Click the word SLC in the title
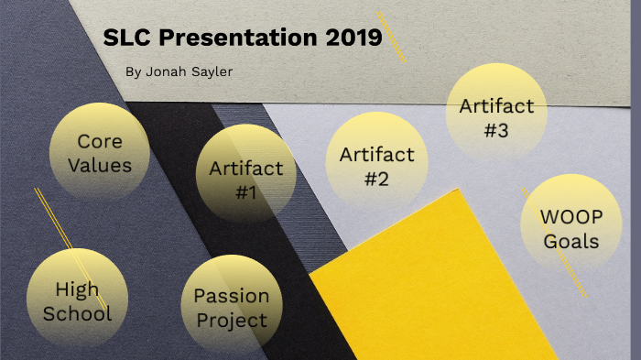coord(125,38)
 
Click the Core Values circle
coord(99,153)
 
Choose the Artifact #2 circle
coord(376,166)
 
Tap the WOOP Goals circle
coord(570,228)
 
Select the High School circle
coord(76,300)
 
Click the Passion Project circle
coord(231,307)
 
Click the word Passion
coord(231,296)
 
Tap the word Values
coord(99,165)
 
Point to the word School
coord(77,313)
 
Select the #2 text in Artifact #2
coord(376,179)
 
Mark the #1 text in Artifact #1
coord(245,192)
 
